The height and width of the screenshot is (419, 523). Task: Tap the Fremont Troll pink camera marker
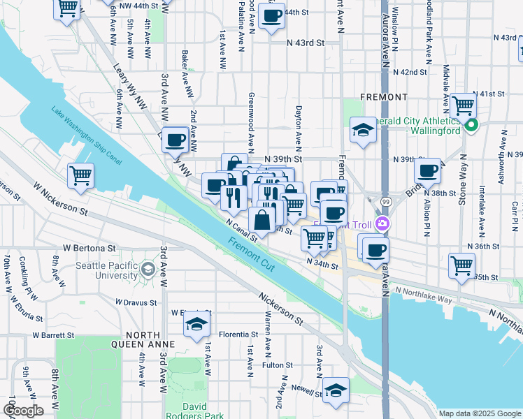point(382,224)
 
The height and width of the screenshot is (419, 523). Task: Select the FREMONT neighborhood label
point(384,96)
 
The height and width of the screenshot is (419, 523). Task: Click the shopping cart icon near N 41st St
point(463,105)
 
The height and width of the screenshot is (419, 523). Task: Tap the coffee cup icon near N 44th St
point(271,15)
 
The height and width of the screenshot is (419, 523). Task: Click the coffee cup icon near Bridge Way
point(427,170)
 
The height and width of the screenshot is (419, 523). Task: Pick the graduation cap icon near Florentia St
point(197,324)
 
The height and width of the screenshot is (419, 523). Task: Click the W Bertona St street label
point(89,248)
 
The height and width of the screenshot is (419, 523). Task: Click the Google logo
point(23,410)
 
